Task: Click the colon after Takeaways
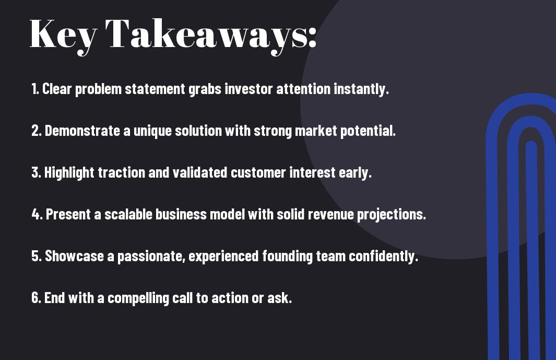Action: coord(312,37)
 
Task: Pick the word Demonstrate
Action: coord(82,131)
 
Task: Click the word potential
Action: coord(368,131)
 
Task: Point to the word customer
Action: coord(258,172)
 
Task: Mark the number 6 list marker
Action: coord(36,298)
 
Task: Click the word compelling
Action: coord(138,298)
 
